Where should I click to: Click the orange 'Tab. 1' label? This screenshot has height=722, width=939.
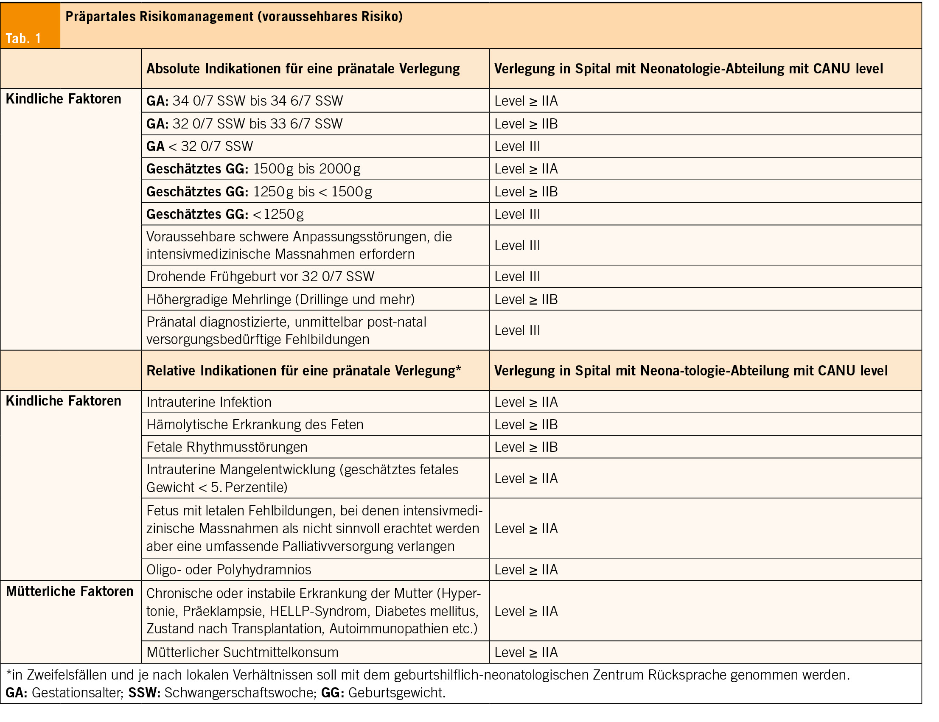click(x=23, y=39)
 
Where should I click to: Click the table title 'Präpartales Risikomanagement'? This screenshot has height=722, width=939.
click(x=160, y=16)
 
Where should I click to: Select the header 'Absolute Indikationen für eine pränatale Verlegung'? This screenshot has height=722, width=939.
click(x=303, y=69)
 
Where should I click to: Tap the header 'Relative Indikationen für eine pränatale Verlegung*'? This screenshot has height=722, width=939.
click(x=304, y=370)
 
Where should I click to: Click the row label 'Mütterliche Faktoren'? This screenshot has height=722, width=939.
click(x=70, y=591)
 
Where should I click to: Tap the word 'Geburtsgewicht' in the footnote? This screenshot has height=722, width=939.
click(x=397, y=693)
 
